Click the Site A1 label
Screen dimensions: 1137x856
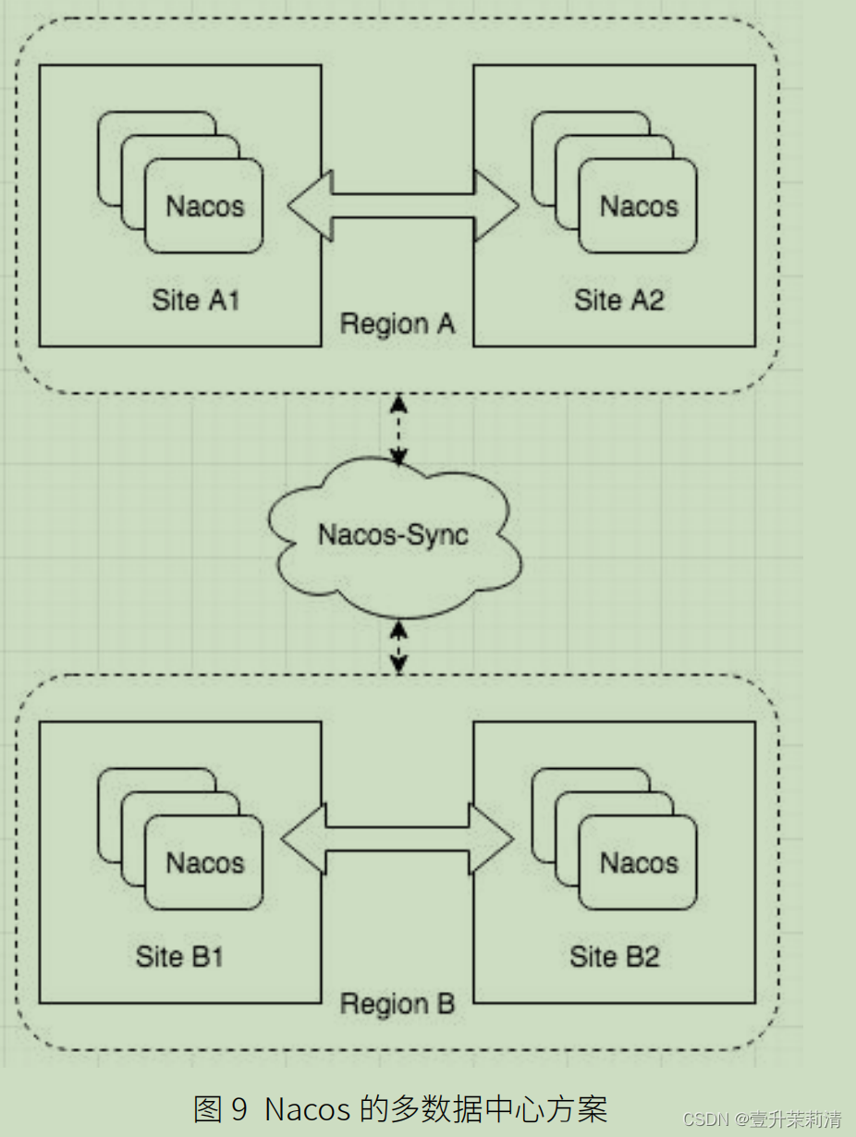195,300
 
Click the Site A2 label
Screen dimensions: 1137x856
618,300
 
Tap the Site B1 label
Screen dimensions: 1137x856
179,957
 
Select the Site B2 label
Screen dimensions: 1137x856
614,957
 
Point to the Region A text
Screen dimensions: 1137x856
397,324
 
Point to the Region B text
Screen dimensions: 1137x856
397,1004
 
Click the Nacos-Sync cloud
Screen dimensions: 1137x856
394,535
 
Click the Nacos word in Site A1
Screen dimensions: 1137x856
204,205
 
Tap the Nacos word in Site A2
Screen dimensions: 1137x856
639,205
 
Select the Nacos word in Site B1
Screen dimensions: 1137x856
204,862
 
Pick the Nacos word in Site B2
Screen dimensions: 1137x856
639,862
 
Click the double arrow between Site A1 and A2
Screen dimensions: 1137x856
402,205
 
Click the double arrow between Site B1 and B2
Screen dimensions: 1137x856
397,839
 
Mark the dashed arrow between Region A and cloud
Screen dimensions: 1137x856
398,430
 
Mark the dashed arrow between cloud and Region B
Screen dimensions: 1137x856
398,647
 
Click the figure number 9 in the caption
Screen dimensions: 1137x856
239,1108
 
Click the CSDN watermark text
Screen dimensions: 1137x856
707,1119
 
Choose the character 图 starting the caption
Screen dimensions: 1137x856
208,1108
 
